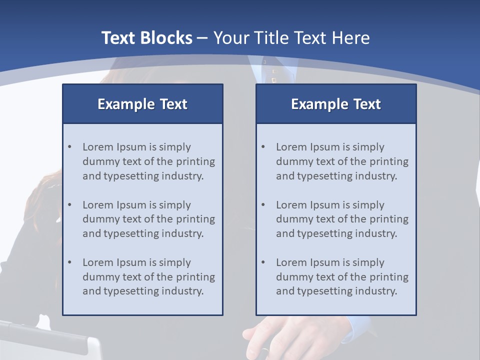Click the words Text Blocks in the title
click(x=146, y=38)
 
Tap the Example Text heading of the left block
click(x=142, y=104)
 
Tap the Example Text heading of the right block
click(x=336, y=104)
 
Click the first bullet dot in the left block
click(x=69, y=147)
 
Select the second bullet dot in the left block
click(x=69, y=205)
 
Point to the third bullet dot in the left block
click(x=69, y=262)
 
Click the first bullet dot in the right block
click(x=263, y=147)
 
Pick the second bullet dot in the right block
click(x=263, y=205)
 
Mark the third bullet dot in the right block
click(x=263, y=262)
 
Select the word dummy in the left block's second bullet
click(x=99, y=219)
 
